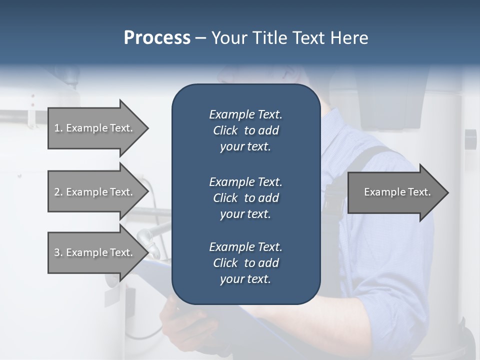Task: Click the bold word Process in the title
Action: pyautogui.click(x=157, y=38)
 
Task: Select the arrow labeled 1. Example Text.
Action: pyautogui.click(x=93, y=128)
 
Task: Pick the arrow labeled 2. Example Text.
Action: pyautogui.click(x=93, y=192)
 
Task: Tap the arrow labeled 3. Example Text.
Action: pyautogui.click(x=93, y=252)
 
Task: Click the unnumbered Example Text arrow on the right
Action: pyautogui.click(x=397, y=192)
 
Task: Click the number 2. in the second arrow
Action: pyautogui.click(x=58, y=192)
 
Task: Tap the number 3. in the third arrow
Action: pyautogui.click(x=58, y=252)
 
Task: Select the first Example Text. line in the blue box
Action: pyautogui.click(x=245, y=114)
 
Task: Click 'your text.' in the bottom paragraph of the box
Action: pyautogui.click(x=245, y=279)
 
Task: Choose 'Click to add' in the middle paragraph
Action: pyautogui.click(x=245, y=198)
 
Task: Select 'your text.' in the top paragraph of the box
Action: pyautogui.click(x=245, y=146)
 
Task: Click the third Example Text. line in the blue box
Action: pyautogui.click(x=245, y=247)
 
